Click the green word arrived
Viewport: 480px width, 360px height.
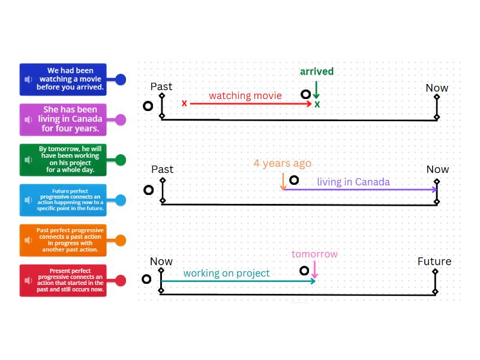point(317,71)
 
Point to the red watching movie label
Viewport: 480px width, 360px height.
point(245,95)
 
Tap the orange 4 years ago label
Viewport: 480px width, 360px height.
point(282,163)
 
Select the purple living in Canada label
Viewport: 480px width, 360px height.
point(353,182)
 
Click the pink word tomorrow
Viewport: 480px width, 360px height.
point(314,254)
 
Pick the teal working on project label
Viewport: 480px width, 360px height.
point(226,273)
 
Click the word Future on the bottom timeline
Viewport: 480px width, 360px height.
point(434,262)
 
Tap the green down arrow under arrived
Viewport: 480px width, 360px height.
point(316,90)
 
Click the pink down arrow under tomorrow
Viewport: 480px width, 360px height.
point(314,271)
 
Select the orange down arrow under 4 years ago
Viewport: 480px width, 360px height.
point(283,181)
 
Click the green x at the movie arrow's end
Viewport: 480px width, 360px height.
point(317,104)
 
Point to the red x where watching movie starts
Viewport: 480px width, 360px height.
point(184,103)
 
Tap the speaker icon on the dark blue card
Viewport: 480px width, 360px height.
point(28,79)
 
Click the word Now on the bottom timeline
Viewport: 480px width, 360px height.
point(161,262)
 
